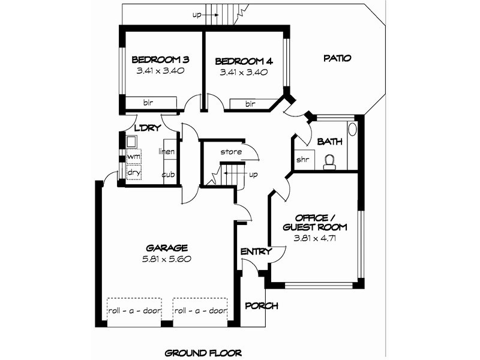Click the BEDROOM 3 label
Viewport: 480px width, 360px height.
[160, 59]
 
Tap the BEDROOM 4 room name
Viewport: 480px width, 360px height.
[244, 61]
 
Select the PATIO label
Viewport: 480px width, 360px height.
[337, 58]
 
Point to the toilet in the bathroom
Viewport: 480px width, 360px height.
[329, 162]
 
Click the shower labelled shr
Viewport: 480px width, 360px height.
[304, 160]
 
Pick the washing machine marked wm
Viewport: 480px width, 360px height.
[134, 156]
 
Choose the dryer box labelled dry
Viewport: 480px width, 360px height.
[134, 172]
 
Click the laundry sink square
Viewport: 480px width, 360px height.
[131, 142]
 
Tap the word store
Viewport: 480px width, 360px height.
[231, 152]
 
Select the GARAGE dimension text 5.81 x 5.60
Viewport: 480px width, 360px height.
[167, 259]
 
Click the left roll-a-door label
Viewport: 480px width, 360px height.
[134, 311]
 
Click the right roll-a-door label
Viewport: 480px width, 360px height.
[200, 311]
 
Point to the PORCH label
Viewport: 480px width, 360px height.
[262, 305]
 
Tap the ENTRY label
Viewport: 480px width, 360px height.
[256, 251]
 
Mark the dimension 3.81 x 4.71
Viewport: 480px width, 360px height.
[314, 238]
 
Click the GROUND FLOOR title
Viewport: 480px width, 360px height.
[203, 353]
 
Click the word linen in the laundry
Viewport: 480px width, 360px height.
[167, 151]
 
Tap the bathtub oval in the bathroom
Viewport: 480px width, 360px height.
[353, 128]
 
